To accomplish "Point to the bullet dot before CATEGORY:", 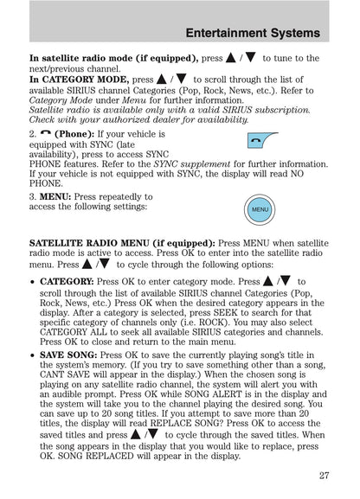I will pyautogui.click(x=33, y=282).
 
